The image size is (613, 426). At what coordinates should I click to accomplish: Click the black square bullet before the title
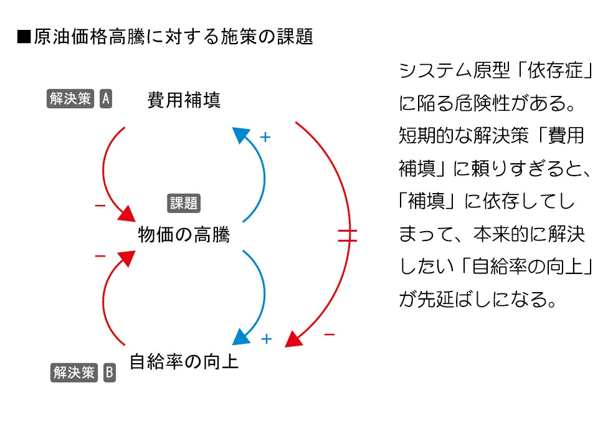tap(24, 37)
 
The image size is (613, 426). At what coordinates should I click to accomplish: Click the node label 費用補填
tap(184, 100)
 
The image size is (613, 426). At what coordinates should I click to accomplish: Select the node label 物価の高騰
tap(184, 235)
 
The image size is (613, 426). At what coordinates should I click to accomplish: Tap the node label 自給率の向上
tap(184, 361)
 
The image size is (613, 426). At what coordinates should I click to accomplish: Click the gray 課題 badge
tap(184, 203)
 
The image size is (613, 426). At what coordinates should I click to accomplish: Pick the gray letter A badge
tap(106, 98)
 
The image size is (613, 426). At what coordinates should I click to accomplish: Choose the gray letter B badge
tap(110, 372)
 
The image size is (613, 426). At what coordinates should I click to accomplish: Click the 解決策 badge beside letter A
tap(70, 98)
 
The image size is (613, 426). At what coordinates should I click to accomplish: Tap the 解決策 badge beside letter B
tap(74, 372)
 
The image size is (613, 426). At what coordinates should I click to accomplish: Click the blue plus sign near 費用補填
tap(265, 137)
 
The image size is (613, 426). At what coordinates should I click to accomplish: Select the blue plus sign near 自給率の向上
tap(266, 339)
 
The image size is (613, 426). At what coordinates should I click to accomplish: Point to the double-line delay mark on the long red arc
tap(348, 235)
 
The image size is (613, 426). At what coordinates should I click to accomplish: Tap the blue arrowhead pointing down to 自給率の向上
tap(241, 337)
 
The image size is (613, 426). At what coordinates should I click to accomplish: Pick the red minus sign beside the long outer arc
tap(330, 334)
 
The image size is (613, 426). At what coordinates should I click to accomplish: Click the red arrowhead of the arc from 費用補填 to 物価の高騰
tap(127, 214)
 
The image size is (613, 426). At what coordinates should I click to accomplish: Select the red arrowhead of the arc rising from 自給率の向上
tap(127, 258)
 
